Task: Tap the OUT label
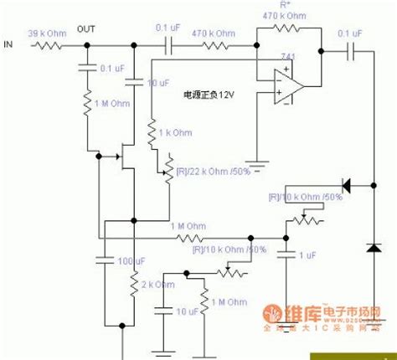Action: pos(86,28)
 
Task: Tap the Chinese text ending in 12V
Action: pos(213,95)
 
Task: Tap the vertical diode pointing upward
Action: pos(373,247)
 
